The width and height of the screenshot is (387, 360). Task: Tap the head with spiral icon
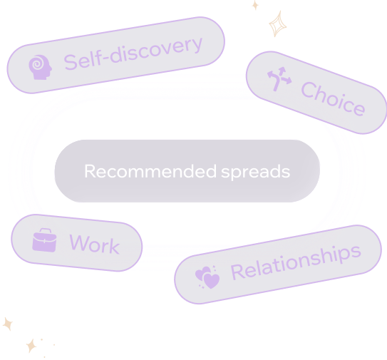coord(40,67)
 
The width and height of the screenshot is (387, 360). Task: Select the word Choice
coord(333,99)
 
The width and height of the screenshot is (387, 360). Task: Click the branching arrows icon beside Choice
coord(279,78)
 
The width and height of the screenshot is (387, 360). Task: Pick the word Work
coord(95,245)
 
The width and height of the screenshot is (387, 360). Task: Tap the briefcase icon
coord(44,240)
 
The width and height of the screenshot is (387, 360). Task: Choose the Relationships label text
coord(296,262)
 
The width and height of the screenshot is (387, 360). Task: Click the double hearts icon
coord(207,277)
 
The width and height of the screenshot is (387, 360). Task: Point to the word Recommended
coord(150,171)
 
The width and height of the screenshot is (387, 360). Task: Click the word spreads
coord(256,172)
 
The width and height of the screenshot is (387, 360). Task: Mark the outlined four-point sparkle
coord(278,24)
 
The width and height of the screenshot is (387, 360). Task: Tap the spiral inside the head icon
coord(37,64)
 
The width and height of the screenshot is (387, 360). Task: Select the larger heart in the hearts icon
coord(212,281)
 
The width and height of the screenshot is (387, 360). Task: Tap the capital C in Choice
coord(309,90)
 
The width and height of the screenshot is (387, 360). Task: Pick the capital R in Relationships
coord(237,272)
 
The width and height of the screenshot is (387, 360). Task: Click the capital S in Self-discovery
coord(71,62)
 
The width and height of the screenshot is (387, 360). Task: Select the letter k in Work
coord(115,246)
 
